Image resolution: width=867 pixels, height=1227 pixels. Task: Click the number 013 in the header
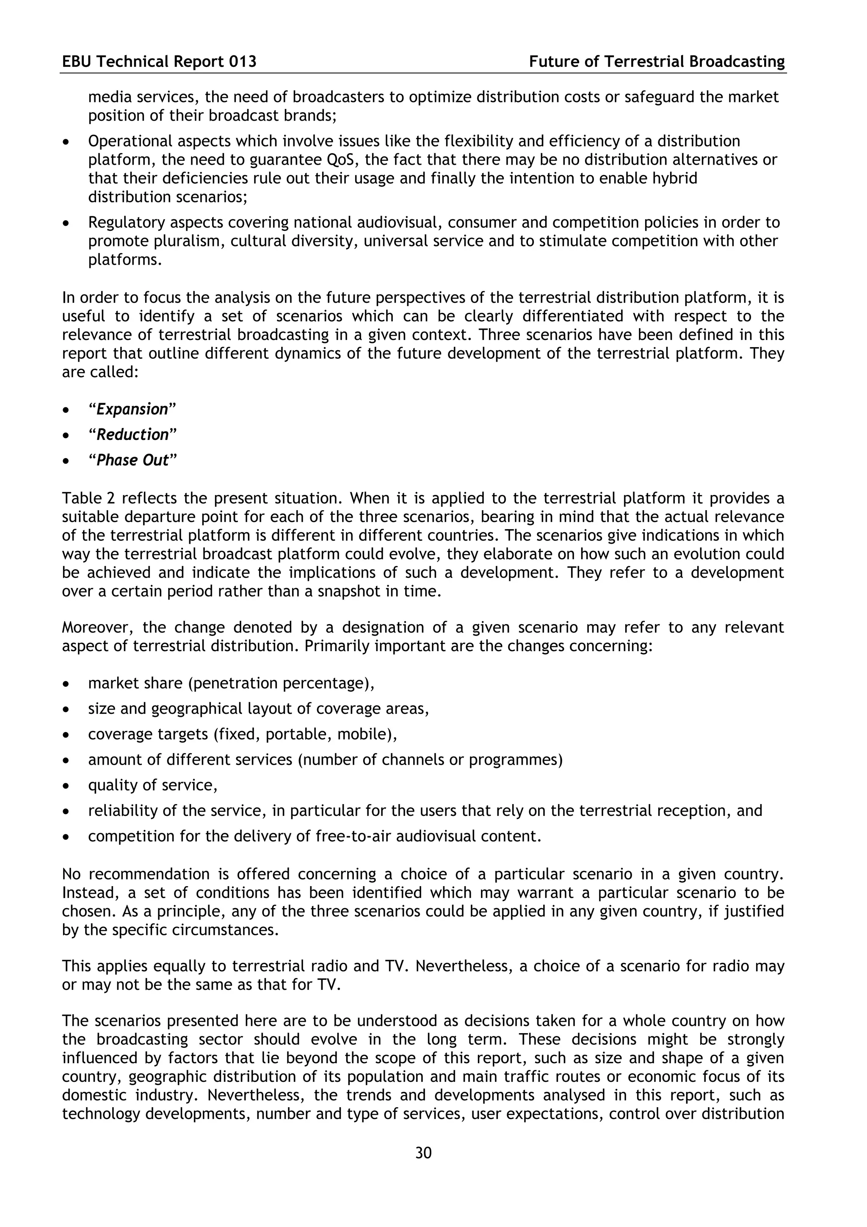[x=243, y=62]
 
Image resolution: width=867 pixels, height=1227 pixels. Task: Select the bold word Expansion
[x=132, y=409]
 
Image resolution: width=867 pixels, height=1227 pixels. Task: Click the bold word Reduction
[x=133, y=434]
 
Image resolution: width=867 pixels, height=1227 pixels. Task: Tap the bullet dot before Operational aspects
[x=66, y=142]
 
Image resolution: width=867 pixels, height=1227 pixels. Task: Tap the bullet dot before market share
[x=66, y=685]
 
